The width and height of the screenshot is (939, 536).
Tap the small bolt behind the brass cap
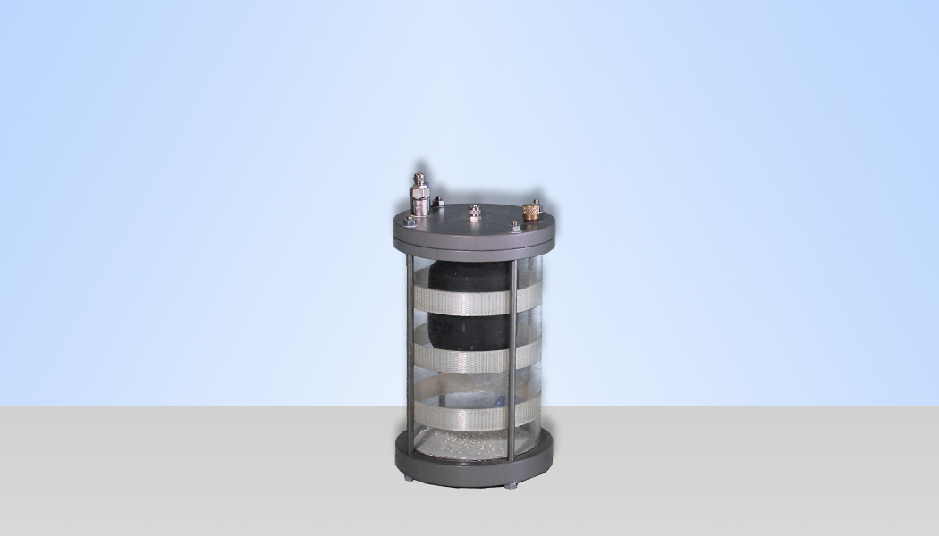(536, 203)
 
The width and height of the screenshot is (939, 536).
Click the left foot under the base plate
(409, 479)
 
